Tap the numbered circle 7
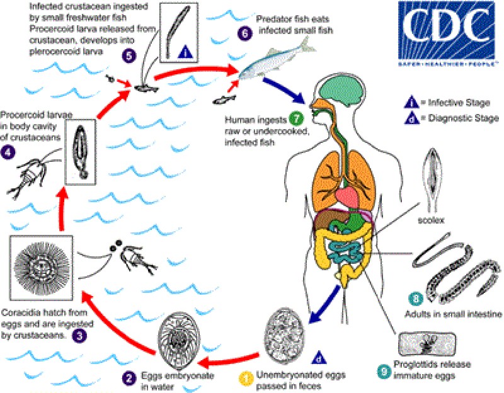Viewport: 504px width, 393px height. [x=296, y=118]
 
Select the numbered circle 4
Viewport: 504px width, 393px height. [x=8, y=152]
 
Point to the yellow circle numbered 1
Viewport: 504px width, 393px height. [x=247, y=379]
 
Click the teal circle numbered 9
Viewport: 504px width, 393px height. [x=384, y=372]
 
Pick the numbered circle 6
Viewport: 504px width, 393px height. [x=245, y=33]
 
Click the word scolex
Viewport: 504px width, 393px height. [x=431, y=220]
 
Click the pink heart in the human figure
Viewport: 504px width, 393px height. [x=347, y=196]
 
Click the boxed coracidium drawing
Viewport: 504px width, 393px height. [x=42, y=268]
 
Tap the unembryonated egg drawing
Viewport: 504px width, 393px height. [x=284, y=335]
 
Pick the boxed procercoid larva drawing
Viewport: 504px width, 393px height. [x=81, y=152]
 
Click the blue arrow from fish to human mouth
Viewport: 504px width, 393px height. [x=284, y=90]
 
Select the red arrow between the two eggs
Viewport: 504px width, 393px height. [x=229, y=360]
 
